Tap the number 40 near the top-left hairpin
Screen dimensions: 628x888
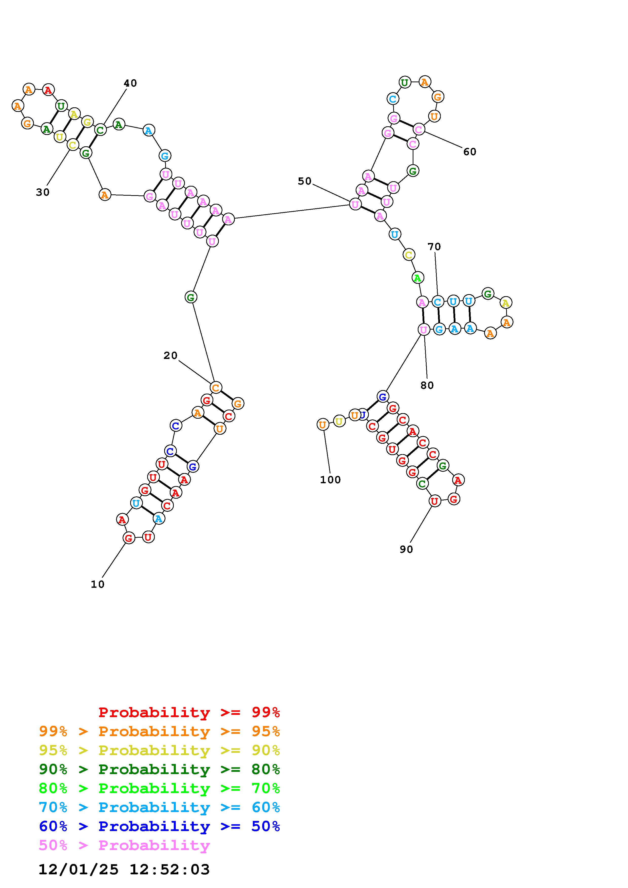[130, 83]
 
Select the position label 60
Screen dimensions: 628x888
[469, 152]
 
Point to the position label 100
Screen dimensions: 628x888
[330, 480]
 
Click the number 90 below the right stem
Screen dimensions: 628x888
[406, 550]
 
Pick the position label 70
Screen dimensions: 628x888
[434, 247]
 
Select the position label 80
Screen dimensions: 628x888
[427, 386]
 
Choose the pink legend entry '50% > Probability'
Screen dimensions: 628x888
[124, 845]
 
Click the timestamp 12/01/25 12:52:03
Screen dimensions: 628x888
[124, 870]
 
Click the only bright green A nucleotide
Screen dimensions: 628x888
[417, 278]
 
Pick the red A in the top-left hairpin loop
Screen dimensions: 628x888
[48, 90]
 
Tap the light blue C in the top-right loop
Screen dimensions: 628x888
[393, 99]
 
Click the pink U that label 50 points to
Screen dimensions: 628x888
[355, 204]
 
